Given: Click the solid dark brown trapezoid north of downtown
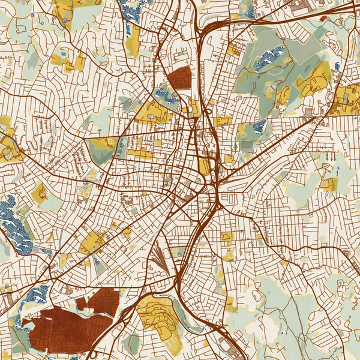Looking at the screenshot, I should (179, 78).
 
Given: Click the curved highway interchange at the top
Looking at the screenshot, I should (210, 27).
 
